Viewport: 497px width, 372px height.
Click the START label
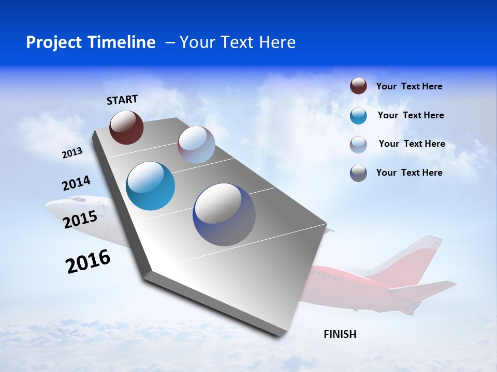point(122,100)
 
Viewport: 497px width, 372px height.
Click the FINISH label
point(340,334)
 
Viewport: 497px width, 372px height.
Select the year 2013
point(72,153)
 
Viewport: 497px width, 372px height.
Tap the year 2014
point(76,183)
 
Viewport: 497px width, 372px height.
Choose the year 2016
point(88,261)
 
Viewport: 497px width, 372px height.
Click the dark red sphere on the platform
point(126,127)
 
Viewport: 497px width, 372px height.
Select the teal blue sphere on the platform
point(150,186)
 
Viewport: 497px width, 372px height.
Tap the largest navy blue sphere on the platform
point(224,214)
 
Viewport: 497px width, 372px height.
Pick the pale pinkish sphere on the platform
point(196,145)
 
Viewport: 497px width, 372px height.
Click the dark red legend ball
point(358,86)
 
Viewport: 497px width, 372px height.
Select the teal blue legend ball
point(358,116)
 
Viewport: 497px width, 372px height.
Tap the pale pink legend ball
point(358,145)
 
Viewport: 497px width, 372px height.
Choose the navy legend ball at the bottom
point(358,173)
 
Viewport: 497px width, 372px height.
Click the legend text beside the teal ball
point(411,115)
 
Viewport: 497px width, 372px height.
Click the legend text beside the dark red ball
point(409,86)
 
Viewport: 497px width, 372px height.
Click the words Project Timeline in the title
point(91,42)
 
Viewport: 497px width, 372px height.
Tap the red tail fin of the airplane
point(422,258)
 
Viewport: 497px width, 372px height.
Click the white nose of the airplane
point(57,207)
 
